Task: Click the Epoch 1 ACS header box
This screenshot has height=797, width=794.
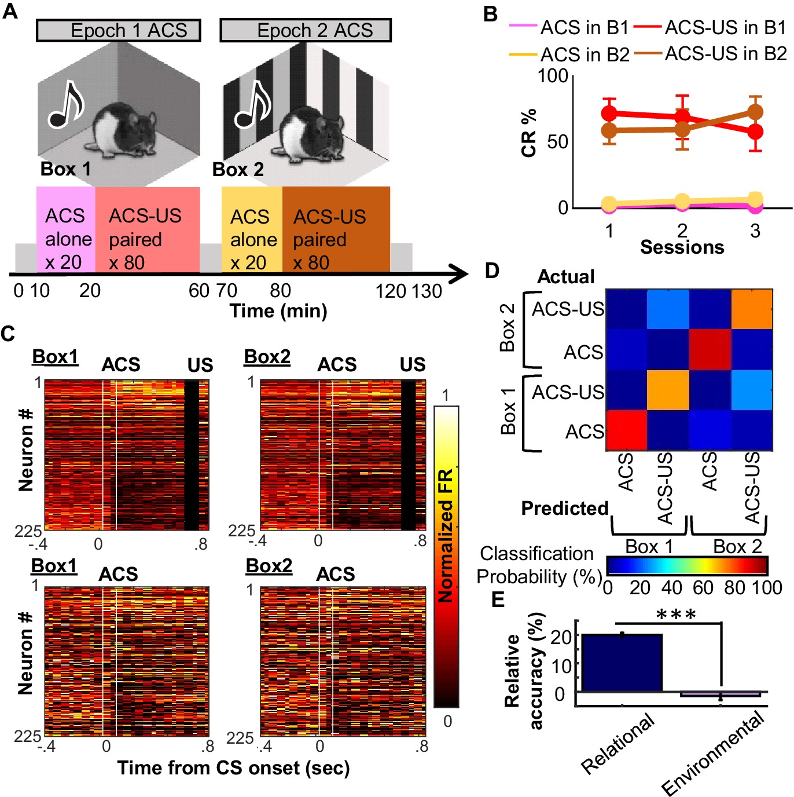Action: coord(119,30)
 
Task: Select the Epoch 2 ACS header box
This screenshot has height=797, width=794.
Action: coord(306,30)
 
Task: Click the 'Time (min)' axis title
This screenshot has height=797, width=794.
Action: coord(278,311)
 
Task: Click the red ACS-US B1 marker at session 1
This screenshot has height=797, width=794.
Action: coord(609,113)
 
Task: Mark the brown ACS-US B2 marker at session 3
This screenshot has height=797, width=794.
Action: coord(755,112)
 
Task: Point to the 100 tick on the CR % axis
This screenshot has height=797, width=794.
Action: coord(553,75)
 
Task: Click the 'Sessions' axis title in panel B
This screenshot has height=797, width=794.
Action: coord(682,247)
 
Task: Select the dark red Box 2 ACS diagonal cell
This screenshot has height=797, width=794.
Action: coord(710,349)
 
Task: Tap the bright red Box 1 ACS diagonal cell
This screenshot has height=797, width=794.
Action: coord(626,430)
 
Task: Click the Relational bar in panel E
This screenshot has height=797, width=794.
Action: coord(622,663)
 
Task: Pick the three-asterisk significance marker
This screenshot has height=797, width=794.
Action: coord(676,615)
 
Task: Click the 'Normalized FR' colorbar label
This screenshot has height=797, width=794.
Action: coord(445,536)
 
